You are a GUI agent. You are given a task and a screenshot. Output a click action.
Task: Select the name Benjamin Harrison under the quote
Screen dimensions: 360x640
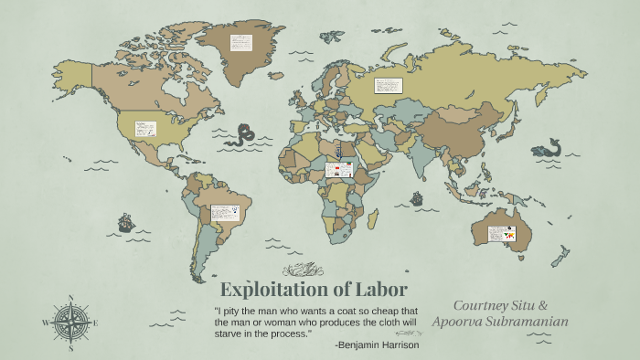[x=379, y=344]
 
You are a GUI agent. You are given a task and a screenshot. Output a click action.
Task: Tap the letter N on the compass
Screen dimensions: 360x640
[x=71, y=298]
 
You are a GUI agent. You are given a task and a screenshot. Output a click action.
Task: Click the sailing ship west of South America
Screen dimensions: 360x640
[x=125, y=222]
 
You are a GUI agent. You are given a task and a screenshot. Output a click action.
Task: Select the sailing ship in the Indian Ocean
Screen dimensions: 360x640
[x=417, y=198]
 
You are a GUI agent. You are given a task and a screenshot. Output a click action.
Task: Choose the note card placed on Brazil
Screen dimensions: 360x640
[x=224, y=212]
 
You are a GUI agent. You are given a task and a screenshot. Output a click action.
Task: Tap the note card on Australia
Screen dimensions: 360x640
[x=501, y=233]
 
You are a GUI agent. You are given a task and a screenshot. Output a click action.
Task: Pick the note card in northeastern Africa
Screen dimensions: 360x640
[x=339, y=170]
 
